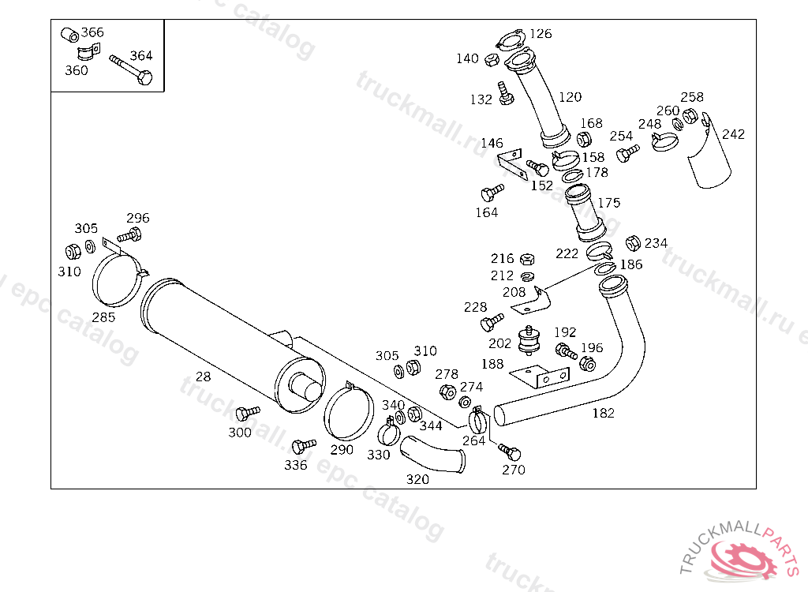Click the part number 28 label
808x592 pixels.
[x=203, y=377]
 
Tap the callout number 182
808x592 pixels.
[x=603, y=413]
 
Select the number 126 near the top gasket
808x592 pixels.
[x=541, y=34]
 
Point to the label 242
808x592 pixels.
[x=733, y=135]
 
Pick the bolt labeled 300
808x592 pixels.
[x=247, y=413]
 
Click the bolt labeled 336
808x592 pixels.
[x=304, y=445]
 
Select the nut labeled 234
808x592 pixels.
[x=633, y=243]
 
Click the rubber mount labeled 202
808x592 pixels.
[x=529, y=340]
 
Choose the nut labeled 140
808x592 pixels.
[x=492, y=60]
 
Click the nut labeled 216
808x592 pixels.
[x=526, y=259]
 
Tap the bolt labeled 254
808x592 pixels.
[x=627, y=152]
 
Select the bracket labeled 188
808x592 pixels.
[x=540, y=377]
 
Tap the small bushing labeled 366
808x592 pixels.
[x=69, y=35]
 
